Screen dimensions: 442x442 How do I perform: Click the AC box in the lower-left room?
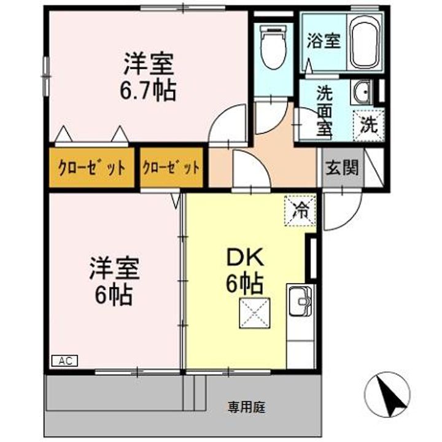[x=65, y=361]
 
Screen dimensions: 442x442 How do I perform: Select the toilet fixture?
[x=274, y=47]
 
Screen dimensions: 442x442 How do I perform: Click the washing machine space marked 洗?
[x=369, y=125]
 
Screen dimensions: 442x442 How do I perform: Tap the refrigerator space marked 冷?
[x=300, y=211]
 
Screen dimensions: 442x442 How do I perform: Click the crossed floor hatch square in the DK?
[x=255, y=313]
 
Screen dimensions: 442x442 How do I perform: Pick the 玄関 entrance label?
[x=342, y=168]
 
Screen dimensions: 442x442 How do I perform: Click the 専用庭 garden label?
[x=247, y=408]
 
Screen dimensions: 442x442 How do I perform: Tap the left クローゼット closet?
[x=91, y=168]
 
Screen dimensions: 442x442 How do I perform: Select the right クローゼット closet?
[x=171, y=168]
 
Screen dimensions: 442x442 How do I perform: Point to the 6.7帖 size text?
[x=149, y=91]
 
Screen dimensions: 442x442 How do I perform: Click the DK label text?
[x=245, y=257]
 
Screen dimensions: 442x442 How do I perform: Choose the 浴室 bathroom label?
[x=324, y=41]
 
